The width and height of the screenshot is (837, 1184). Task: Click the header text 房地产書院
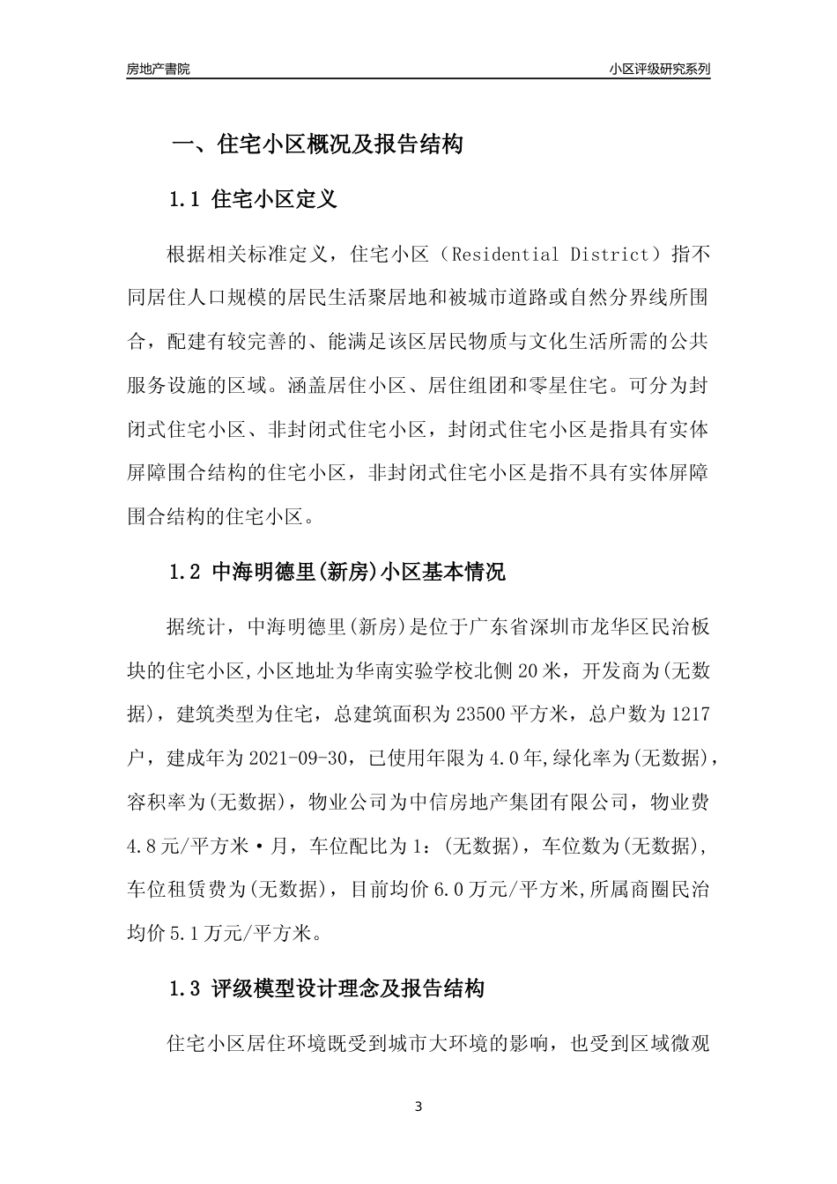click(158, 69)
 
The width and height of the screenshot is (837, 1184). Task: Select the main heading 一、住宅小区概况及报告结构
click(316, 144)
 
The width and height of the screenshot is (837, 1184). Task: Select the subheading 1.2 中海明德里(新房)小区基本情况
click(337, 573)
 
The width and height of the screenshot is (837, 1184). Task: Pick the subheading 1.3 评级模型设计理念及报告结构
click(326, 988)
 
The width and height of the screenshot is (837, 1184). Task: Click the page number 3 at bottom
click(418, 1106)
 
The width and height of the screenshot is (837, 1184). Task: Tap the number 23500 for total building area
click(480, 714)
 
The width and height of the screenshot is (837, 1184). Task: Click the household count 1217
click(690, 714)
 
